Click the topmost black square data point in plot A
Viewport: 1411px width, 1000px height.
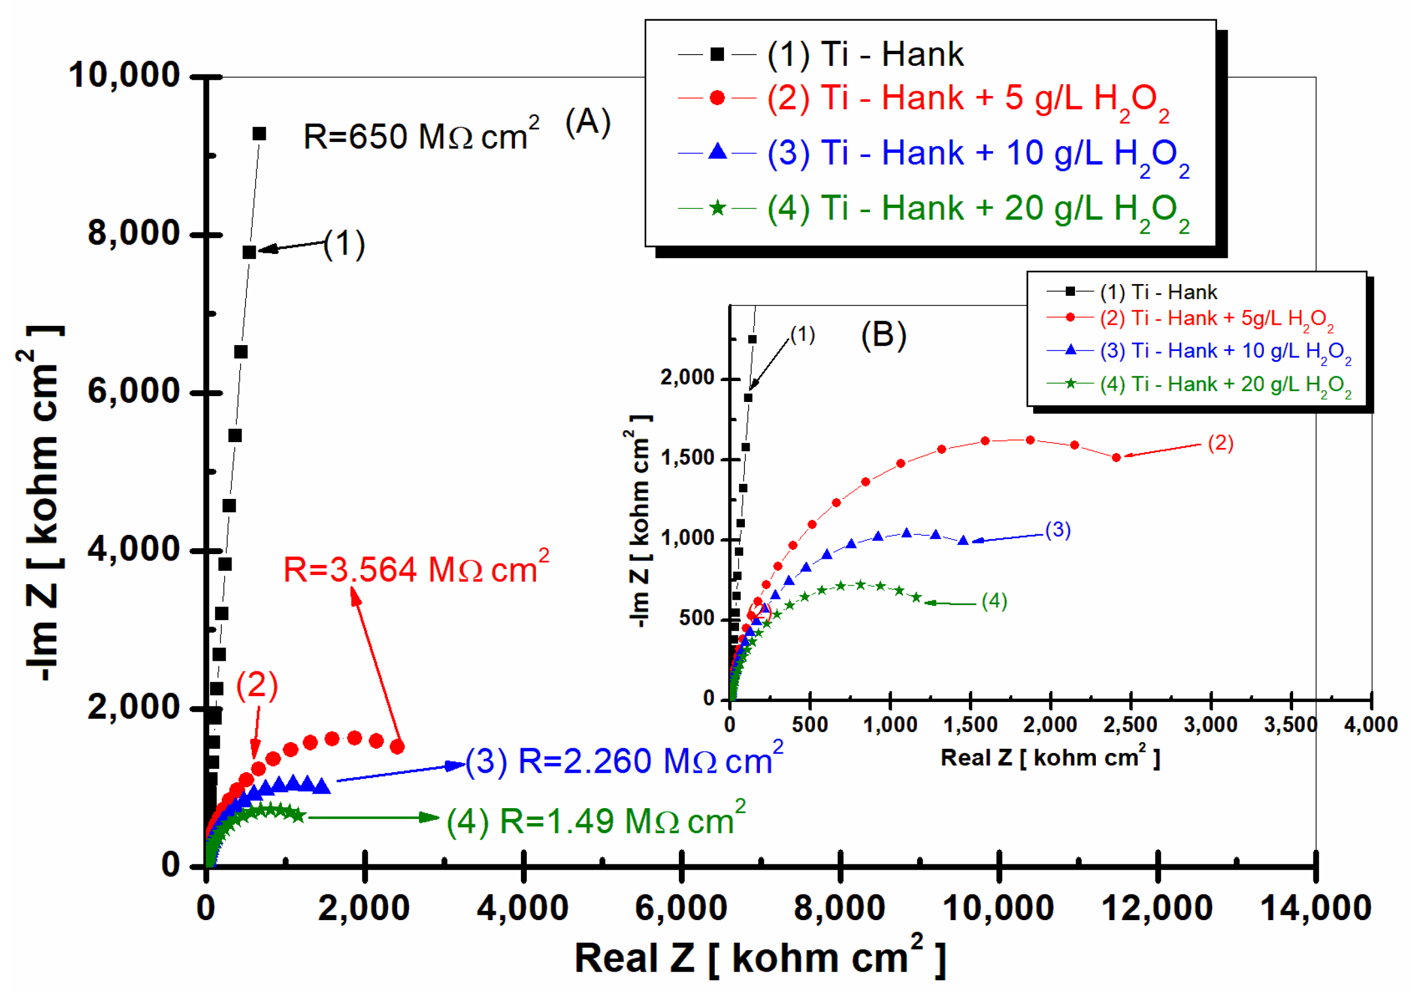(x=259, y=133)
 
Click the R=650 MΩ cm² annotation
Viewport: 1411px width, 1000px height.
(x=421, y=136)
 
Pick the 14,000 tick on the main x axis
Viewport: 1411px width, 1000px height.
(x=1316, y=908)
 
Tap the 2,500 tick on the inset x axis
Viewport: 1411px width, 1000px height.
(x=1130, y=725)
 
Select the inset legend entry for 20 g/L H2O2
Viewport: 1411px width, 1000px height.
(x=1225, y=384)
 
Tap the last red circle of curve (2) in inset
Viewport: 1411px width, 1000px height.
(x=1116, y=457)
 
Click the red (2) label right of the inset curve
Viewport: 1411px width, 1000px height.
(x=1220, y=443)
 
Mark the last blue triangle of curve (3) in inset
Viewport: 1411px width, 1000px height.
(x=964, y=540)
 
